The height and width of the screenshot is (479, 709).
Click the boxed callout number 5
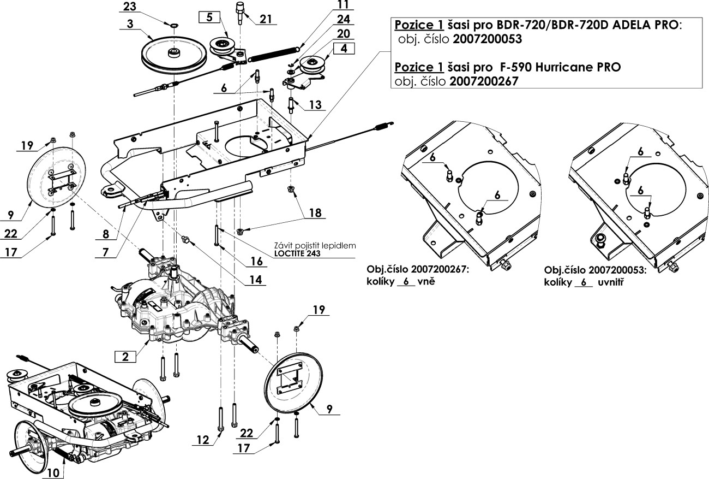(209, 17)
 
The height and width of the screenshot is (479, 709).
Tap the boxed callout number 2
(125, 357)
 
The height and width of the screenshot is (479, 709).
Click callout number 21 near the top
(266, 19)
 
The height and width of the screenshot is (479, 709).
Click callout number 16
(256, 261)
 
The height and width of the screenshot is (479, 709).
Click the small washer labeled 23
(173, 25)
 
